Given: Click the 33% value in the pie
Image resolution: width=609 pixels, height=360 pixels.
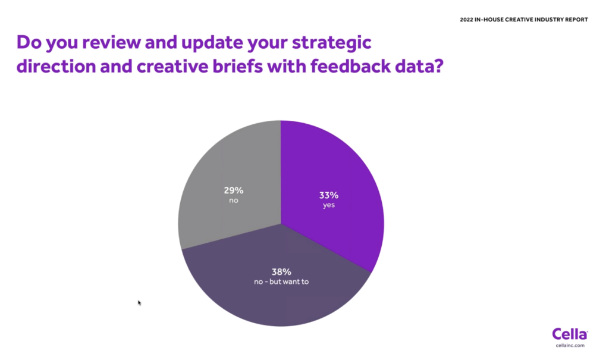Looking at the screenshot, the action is (x=328, y=195).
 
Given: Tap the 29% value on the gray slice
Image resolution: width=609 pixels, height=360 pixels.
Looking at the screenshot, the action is (x=233, y=190).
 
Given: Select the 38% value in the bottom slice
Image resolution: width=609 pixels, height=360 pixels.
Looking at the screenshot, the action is (x=281, y=272).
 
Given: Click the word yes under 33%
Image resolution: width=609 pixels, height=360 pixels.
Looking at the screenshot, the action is (x=328, y=205).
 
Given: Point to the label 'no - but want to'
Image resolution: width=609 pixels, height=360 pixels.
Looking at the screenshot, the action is (x=281, y=281).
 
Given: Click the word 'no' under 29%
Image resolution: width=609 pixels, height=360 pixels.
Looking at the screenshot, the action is (x=233, y=201).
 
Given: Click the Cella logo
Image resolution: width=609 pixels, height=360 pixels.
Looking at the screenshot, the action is (x=570, y=334).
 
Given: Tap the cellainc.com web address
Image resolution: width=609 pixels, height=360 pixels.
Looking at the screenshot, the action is (x=570, y=345).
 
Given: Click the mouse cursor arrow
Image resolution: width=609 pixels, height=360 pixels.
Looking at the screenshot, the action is (x=139, y=303).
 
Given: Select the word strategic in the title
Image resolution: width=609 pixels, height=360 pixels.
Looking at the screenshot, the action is (x=332, y=43).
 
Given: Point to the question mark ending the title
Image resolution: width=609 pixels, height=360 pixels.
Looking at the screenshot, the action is (x=439, y=66).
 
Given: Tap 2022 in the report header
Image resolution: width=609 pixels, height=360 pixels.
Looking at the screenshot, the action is (x=466, y=20).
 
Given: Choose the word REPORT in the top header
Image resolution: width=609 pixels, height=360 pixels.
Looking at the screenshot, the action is (x=576, y=20).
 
